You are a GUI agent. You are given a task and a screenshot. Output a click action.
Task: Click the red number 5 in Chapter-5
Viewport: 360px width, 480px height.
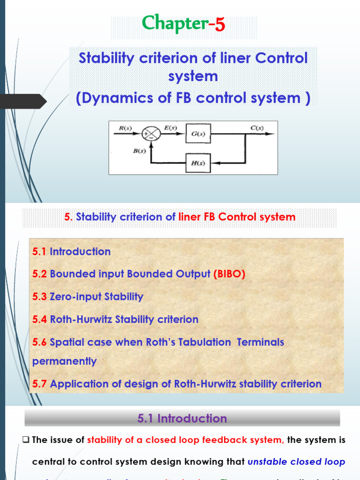(220, 24)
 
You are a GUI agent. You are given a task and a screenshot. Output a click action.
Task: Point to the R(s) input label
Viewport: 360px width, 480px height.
(125, 127)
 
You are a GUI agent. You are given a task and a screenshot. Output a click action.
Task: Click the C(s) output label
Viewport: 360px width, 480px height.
(257, 127)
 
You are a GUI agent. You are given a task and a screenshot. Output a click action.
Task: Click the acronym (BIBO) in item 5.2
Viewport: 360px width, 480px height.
(229, 274)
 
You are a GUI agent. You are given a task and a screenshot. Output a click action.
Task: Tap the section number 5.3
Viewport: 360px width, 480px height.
(39, 297)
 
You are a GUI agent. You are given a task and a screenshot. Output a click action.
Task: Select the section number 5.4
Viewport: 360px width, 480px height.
(39, 320)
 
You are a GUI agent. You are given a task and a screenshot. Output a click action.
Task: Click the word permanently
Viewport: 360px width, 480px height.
(64, 361)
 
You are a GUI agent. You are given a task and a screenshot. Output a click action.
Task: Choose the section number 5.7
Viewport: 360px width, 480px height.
(39, 384)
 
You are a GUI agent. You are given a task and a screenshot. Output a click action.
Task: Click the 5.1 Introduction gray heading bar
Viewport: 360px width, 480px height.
(182, 418)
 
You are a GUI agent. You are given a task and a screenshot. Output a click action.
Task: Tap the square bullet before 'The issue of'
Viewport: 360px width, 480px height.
(26, 440)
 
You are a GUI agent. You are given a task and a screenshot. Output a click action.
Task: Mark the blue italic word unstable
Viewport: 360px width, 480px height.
(267, 462)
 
